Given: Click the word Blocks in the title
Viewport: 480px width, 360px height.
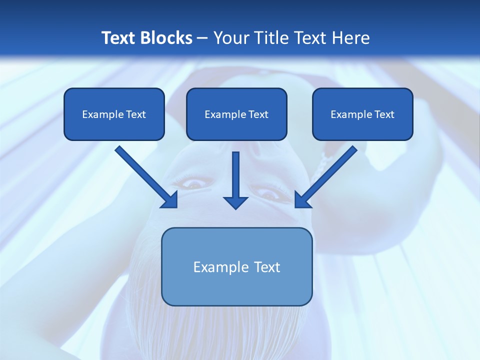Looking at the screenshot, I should coord(166,37).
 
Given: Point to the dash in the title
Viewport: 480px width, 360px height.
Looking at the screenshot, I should coord(202,38).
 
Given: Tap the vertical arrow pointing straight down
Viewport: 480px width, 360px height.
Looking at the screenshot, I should coord(235,177).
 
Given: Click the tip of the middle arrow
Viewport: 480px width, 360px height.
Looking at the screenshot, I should coord(235,207).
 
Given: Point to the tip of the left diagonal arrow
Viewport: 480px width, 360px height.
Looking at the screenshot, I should coord(176,206).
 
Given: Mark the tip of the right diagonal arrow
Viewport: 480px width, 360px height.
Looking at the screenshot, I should coord(296,206).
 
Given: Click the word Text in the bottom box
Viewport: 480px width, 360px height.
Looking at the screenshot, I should coord(267,267).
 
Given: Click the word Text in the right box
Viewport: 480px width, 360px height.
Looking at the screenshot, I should coord(384,114).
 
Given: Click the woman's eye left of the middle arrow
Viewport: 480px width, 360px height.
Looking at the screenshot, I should coord(192,184).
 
